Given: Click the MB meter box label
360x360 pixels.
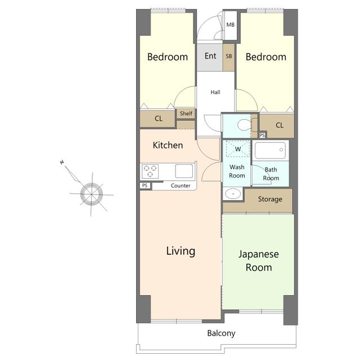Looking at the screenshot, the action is coord(230,25).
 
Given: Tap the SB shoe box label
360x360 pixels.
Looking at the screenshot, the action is coord(229,56).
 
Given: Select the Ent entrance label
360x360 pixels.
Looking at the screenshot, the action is coord(210,56).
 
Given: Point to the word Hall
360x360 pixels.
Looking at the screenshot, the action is coord(215,92).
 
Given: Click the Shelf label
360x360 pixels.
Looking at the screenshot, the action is coord(186,114).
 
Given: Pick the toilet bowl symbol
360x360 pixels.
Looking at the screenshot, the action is coord(245,125).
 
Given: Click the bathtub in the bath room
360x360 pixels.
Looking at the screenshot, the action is coord(270,150).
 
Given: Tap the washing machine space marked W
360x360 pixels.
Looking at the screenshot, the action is coord(238,148).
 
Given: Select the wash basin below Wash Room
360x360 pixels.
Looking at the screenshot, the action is coord(233,194).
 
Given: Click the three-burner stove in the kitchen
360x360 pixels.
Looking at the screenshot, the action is coord(150,171).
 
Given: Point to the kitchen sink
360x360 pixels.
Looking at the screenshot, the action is coord(184,171).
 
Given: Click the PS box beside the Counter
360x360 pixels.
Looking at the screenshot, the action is coord(145,186).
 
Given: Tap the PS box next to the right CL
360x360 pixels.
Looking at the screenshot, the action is coord(262,135).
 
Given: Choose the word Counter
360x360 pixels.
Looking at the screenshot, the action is coord(181,186).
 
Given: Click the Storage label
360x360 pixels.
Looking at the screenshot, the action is coord(270,199).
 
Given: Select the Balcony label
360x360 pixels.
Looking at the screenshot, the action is coord(221,334).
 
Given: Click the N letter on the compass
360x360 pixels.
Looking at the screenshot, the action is coord(62,163).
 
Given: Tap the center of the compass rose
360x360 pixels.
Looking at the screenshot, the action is coord(91,194).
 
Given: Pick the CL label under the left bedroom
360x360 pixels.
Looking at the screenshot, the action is coord(159,119).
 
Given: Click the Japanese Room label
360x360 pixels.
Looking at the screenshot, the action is coord(259,261).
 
